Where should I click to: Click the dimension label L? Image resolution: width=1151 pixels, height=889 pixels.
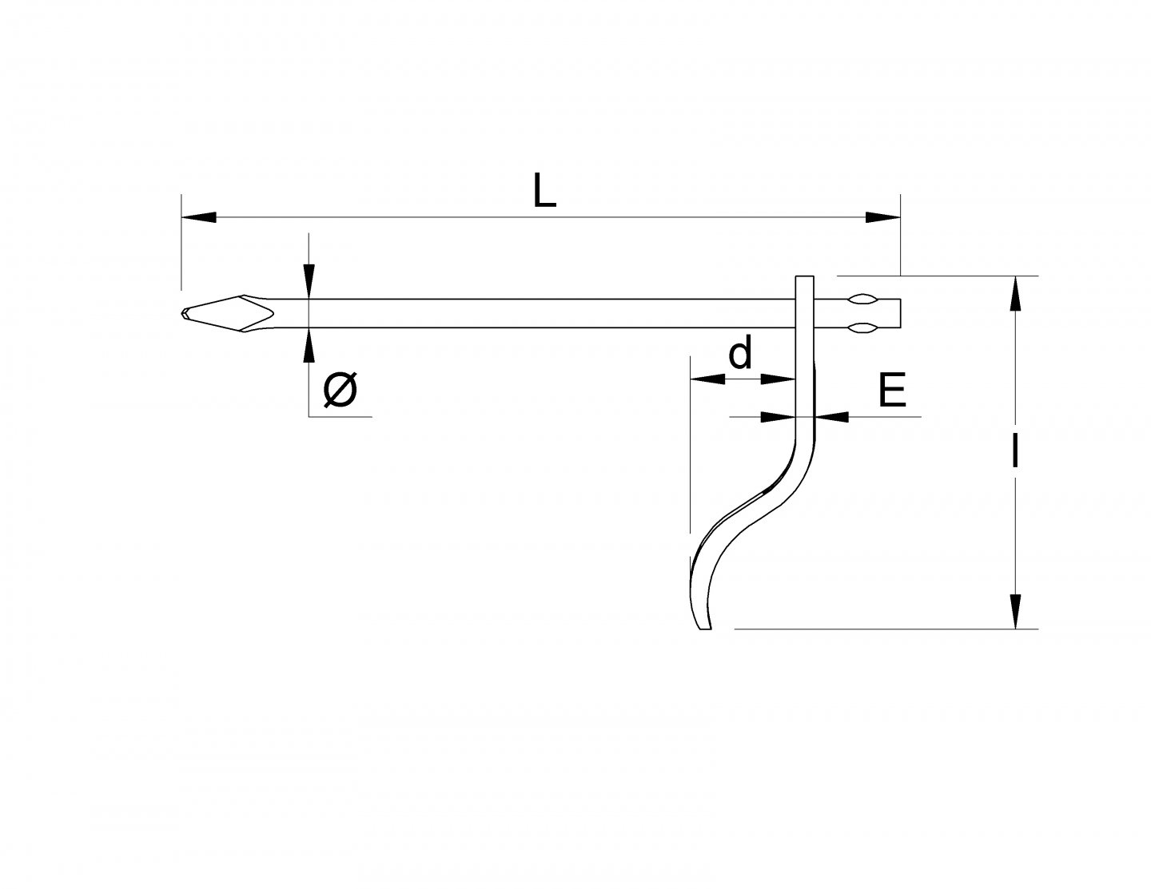tap(544, 192)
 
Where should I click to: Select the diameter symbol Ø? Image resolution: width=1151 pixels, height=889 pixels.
tap(341, 391)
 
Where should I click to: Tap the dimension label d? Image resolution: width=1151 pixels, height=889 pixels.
tap(740, 354)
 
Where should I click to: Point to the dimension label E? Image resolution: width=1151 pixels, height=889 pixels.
tap(892, 391)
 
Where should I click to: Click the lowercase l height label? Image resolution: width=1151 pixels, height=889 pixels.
tap(1015, 452)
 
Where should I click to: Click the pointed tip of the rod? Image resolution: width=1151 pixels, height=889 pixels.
tap(185, 313)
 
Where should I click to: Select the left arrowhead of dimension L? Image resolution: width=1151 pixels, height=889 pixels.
tap(199, 216)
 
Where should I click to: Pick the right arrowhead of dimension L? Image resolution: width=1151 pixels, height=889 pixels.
tap(883, 216)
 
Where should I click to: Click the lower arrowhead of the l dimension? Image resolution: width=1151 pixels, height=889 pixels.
tap(1015, 611)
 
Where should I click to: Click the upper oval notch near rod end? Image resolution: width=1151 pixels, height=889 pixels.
tap(862, 300)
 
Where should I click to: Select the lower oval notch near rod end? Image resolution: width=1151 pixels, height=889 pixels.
tap(862, 327)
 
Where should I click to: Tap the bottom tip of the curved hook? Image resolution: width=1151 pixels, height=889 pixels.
tap(704, 627)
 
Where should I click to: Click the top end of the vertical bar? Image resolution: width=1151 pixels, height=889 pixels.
tap(805, 278)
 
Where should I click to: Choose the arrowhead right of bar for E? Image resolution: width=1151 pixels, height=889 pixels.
tap(830, 416)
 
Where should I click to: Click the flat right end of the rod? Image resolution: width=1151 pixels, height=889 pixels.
tap(901, 313)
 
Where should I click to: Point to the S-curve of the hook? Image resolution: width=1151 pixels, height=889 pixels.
tap(751, 511)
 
